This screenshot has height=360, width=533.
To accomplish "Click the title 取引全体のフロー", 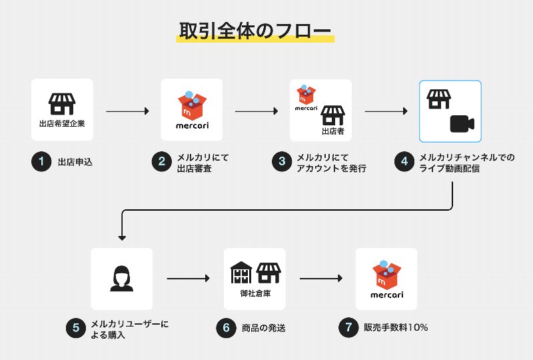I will click(x=255, y=31).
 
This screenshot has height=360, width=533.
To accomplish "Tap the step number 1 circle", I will click(x=41, y=162).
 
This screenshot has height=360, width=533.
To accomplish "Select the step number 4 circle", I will click(x=402, y=162).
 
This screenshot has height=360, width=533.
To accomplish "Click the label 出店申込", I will click(x=75, y=162).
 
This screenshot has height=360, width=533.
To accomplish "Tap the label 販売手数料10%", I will click(x=395, y=327).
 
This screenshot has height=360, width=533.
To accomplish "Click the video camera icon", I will click(x=461, y=124).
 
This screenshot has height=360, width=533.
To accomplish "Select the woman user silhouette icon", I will click(x=122, y=278).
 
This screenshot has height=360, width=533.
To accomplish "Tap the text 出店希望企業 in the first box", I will click(x=62, y=124).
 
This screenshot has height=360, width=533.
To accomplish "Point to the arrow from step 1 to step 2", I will click(x=127, y=111).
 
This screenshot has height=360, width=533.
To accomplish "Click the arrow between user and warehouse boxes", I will click(x=188, y=279).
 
